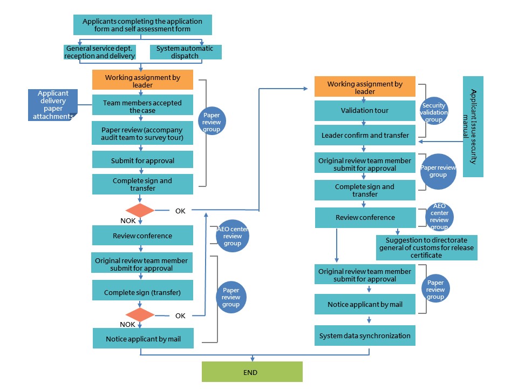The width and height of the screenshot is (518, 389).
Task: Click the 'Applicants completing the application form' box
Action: coord(142,25)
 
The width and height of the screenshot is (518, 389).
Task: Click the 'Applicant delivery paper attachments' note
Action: coord(53,105)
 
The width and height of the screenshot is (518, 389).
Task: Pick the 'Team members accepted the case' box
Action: coord(142,106)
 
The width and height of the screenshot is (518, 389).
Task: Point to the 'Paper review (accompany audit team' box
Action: coord(142,133)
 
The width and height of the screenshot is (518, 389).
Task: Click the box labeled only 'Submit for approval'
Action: coord(142,160)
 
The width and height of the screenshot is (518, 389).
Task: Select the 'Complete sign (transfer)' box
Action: coord(142,293)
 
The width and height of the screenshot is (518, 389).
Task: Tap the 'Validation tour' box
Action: coord(365,111)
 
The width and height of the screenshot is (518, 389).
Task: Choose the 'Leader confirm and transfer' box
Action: coord(365,135)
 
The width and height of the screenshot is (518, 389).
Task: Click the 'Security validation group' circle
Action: coord(435,113)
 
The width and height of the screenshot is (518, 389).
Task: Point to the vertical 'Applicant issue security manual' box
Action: coord(473,126)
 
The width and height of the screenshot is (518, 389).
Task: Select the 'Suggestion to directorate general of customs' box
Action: coord(426,247)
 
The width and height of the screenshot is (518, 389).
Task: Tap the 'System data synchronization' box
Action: coord(365,336)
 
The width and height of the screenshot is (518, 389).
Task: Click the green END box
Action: coord(252,372)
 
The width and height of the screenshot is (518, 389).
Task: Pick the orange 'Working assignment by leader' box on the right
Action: coord(365,88)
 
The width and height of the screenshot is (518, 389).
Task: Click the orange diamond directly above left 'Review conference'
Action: coord(140,210)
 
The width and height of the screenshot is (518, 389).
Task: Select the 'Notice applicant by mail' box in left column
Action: coord(142,339)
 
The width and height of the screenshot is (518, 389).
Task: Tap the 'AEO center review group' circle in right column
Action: coord(438,217)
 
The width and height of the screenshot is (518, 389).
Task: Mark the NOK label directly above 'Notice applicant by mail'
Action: coord(127,324)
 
